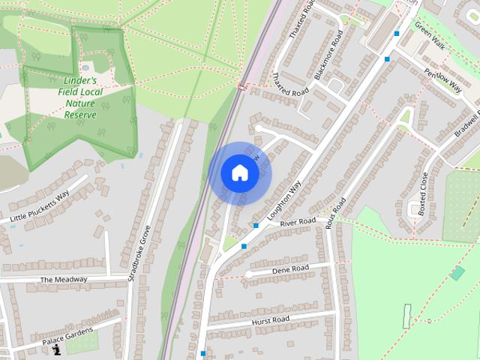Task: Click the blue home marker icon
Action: tap(239, 173)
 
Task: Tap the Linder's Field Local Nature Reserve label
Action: tap(80, 97)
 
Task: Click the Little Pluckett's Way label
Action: tap(39, 207)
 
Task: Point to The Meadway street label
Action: tap(63, 280)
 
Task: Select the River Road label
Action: tap(298, 223)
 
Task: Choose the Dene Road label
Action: tap(290, 268)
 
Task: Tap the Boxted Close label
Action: tap(423, 194)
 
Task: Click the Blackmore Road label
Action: tap(328, 56)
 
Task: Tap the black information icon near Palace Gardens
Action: tap(57, 350)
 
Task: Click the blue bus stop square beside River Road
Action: tap(255, 225)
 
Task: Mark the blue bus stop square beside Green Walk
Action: tap(397, 33)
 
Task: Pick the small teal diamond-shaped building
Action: tap(457, 273)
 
